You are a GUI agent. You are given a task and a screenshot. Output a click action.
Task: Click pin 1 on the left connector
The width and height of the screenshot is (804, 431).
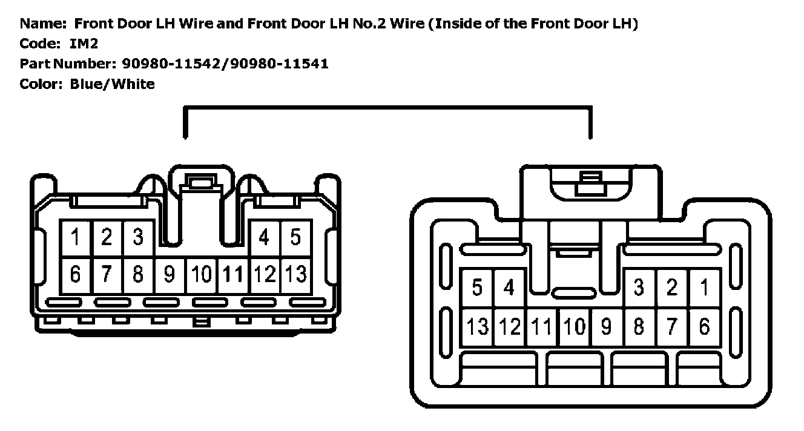76,237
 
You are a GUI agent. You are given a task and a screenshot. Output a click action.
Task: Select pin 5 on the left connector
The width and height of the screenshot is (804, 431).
295,237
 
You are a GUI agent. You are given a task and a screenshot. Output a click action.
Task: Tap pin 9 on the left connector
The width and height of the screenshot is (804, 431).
170,275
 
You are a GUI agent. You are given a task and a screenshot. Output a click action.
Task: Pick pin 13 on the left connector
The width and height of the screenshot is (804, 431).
295,275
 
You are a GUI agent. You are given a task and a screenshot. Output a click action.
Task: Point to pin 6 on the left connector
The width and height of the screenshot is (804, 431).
76,275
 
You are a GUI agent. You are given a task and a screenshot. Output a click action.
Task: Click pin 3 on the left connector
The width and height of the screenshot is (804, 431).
138,237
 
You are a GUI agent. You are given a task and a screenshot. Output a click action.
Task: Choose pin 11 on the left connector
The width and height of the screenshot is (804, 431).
232,275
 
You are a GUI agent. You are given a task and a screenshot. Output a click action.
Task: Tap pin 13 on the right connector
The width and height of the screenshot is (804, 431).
477,327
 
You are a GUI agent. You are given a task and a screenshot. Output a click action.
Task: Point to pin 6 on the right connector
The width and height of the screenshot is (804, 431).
704,327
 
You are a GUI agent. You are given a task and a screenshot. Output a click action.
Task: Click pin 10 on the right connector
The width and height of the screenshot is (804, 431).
573,327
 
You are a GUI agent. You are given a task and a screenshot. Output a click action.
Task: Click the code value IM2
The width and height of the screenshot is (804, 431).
84,44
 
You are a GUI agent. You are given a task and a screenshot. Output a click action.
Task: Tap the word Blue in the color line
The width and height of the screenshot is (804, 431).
87,84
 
